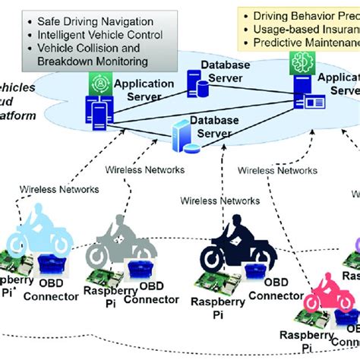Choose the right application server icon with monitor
(308, 102)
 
